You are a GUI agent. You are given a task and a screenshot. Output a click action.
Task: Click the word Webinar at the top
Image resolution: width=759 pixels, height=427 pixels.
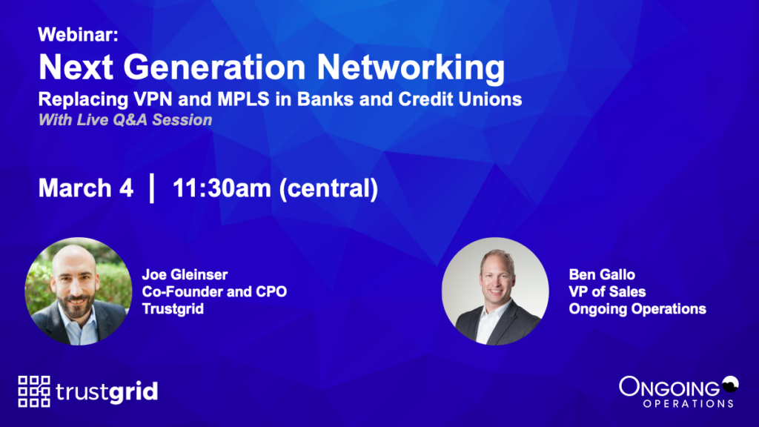point(77,34)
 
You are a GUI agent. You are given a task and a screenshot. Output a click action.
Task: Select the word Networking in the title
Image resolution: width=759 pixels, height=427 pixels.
point(411,67)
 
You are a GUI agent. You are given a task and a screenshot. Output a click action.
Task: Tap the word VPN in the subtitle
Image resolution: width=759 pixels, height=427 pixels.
point(153,99)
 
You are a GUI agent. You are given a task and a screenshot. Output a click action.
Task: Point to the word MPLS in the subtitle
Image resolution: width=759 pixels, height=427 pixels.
point(243,99)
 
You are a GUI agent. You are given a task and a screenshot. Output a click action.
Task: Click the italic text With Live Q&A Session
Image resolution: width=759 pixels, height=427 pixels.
point(125,119)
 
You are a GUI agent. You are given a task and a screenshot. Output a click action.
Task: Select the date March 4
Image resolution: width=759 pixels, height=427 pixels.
point(86,188)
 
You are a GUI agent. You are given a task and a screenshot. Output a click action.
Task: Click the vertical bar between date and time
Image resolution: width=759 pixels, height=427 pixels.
point(152,188)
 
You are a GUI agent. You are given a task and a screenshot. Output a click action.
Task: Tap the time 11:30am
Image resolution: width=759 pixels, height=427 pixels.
point(222,188)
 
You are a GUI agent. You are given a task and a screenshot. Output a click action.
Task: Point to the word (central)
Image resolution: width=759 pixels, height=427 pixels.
point(328,188)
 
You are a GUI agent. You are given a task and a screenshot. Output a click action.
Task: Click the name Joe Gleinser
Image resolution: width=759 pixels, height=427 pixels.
point(185,274)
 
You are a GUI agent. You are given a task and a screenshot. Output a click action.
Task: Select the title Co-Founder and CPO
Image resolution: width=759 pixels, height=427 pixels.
point(214,291)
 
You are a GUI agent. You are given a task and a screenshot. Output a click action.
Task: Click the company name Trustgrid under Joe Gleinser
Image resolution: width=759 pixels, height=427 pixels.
point(173,309)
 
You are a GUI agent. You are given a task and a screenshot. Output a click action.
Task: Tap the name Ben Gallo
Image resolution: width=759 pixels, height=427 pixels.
point(602,274)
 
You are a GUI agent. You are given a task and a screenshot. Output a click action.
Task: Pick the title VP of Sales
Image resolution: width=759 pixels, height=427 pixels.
point(607,291)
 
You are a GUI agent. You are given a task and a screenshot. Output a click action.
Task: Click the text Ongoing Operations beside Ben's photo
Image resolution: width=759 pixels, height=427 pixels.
point(637,309)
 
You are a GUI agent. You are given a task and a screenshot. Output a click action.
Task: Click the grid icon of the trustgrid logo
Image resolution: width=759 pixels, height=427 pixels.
point(34,391)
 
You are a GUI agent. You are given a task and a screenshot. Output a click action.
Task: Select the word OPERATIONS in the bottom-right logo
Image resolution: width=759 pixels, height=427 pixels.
point(688,403)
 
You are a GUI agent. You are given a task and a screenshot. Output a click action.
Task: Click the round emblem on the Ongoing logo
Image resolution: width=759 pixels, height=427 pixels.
point(730,384)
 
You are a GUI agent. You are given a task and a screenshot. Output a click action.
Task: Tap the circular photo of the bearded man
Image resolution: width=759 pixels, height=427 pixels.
point(79,291)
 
